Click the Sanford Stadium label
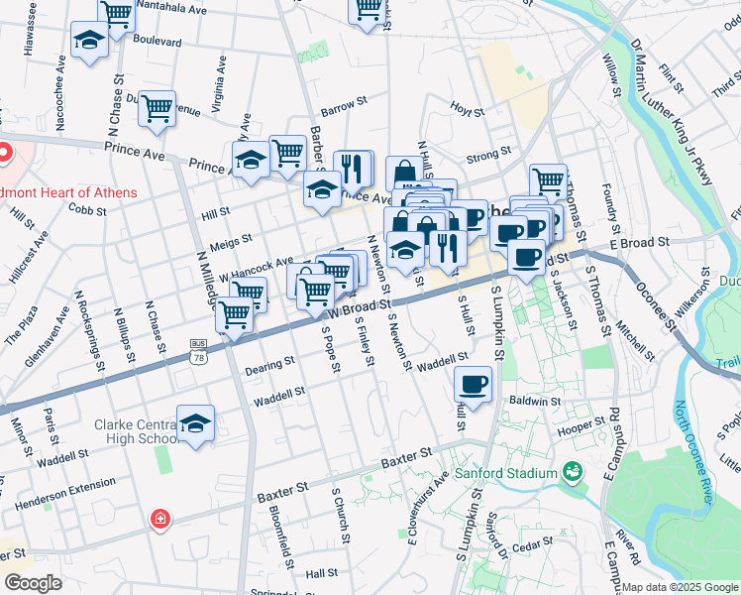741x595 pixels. coord(506,474)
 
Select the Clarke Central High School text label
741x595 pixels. coord(135,431)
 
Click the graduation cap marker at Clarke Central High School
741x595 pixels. coord(196,423)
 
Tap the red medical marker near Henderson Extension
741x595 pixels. coord(159,519)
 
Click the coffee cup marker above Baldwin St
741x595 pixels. coord(474,385)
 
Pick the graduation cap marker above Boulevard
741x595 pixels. coord(89,42)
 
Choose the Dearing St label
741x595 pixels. coord(269,368)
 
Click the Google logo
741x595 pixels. coord(33,583)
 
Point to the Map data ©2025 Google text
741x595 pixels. coord(679,587)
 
